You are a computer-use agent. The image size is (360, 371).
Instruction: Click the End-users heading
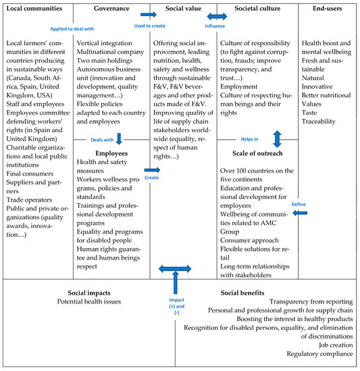click(328, 10)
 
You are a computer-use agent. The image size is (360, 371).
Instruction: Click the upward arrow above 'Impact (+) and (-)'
click(175, 281)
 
